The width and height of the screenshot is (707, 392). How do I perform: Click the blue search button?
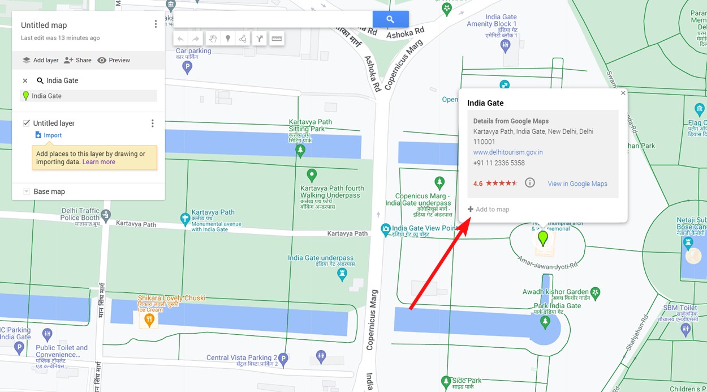pyautogui.click(x=390, y=19)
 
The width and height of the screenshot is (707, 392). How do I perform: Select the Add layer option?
pyautogui.click(x=40, y=60)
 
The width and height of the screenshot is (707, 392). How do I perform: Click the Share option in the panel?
pyautogui.click(x=77, y=60)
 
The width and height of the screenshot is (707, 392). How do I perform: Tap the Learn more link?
pyautogui.click(x=98, y=162)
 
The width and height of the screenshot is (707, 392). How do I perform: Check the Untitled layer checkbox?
pyautogui.click(x=26, y=123)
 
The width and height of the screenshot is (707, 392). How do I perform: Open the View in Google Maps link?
pyautogui.click(x=577, y=184)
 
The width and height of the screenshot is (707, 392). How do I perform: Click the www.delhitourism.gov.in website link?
pyautogui.click(x=508, y=152)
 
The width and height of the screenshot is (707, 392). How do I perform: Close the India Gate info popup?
pyautogui.click(x=623, y=93)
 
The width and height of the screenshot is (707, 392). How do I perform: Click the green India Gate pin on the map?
pyautogui.click(x=543, y=238)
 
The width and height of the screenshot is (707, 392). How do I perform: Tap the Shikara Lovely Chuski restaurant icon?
pyautogui.click(x=149, y=320)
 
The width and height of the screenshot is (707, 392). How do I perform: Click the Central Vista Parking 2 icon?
pyautogui.click(x=283, y=358)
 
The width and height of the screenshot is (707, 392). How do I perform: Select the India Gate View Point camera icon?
pyautogui.click(x=386, y=229)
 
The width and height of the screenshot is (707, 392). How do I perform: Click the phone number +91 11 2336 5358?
pyautogui.click(x=499, y=163)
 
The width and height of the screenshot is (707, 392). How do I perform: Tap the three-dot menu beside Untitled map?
pyautogui.click(x=156, y=24)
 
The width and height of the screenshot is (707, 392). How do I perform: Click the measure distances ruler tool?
pyautogui.click(x=277, y=39)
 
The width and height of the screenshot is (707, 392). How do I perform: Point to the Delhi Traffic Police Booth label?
pyautogui.click(x=80, y=214)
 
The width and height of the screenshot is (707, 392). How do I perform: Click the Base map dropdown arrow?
pyautogui.click(x=26, y=191)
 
